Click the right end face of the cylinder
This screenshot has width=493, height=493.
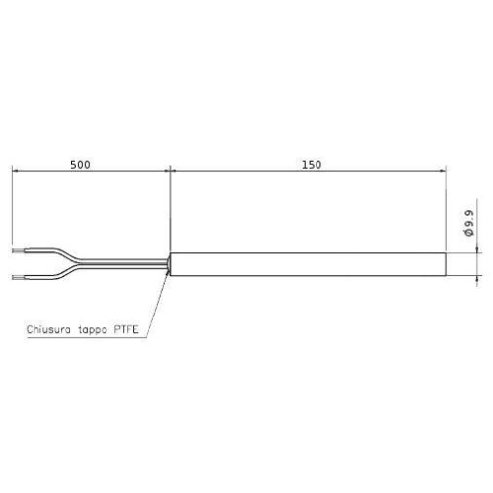(x=447, y=263)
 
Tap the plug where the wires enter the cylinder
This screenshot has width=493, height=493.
(x=171, y=263)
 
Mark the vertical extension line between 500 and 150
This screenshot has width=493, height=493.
(x=171, y=207)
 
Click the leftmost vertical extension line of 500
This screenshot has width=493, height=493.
(x=12, y=207)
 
